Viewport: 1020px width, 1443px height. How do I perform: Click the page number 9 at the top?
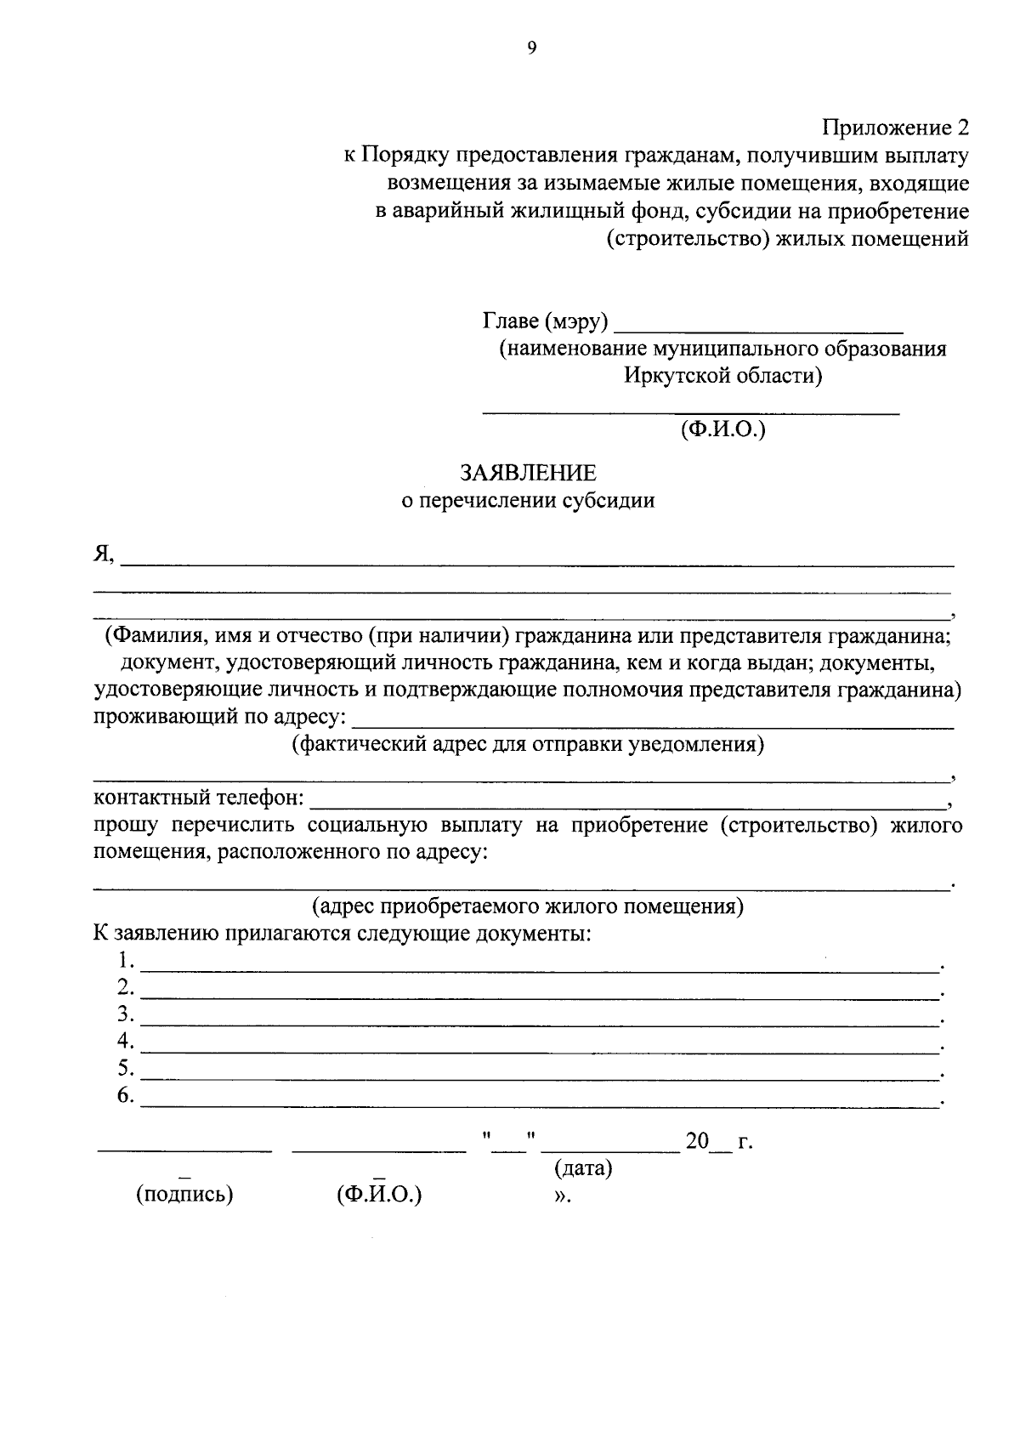(532, 48)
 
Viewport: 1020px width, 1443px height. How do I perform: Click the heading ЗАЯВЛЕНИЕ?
(528, 473)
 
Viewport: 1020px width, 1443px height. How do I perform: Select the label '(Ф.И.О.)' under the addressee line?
(722, 430)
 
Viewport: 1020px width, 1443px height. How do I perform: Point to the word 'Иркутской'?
(677, 376)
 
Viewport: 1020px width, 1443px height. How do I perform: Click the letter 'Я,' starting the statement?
(104, 554)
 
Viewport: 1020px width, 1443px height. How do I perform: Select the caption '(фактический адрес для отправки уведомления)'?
(528, 746)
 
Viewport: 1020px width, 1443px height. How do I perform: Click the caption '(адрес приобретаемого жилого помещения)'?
(528, 906)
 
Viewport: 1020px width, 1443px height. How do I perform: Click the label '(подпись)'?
(184, 1195)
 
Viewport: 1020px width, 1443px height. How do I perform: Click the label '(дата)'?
(583, 1168)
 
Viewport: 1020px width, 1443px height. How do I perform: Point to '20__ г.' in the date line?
(719, 1141)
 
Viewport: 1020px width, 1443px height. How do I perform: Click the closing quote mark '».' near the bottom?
(561, 1196)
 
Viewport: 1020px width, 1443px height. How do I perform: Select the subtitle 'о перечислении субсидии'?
(528, 501)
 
